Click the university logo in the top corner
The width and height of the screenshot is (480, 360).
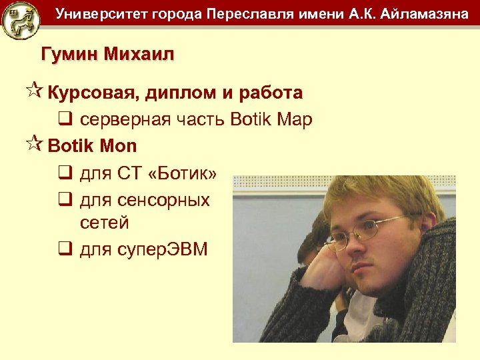click(x=20, y=20)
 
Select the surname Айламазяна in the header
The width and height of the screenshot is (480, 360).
click(x=423, y=14)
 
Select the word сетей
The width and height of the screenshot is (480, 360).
click(x=104, y=223)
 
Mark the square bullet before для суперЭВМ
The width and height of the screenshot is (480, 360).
click(x=65, y=250)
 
